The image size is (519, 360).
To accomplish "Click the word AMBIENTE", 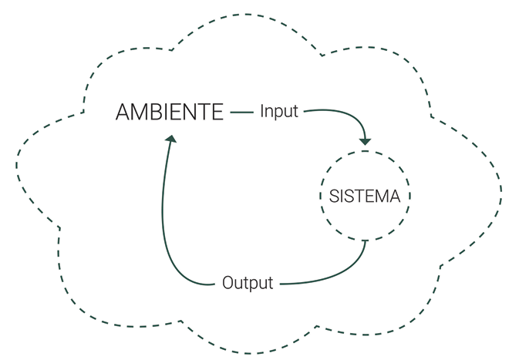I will tap(170, 113).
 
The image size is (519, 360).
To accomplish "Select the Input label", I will tap(278, 112).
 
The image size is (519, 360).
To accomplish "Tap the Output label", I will tap(248, 283).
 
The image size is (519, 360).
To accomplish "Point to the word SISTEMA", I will tap(365, 197).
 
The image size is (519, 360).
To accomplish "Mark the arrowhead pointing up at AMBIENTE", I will tap(171, 139).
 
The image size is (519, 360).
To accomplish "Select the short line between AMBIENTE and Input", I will tap(242, 113).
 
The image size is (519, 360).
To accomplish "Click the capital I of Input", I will tap(262, 112).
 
